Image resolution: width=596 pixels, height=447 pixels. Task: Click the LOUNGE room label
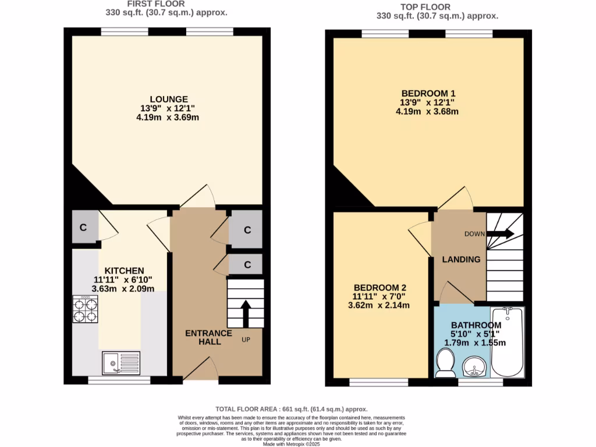168,99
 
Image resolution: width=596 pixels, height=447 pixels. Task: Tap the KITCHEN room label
124,271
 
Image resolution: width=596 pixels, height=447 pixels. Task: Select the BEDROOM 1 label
428,93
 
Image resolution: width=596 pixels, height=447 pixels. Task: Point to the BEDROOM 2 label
379,288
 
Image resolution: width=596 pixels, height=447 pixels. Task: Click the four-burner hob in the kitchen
85,309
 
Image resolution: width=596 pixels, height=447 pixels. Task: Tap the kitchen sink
120,362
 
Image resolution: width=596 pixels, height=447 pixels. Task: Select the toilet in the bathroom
446,364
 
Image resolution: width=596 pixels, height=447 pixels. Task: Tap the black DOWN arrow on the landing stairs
500,234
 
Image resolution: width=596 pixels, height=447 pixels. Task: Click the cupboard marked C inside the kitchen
84,228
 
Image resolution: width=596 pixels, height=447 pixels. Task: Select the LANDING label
460,260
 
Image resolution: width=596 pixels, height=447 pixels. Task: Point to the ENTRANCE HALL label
208,337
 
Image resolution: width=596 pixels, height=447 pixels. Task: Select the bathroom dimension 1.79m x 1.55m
475,343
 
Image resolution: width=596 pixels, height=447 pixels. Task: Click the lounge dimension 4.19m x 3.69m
168,117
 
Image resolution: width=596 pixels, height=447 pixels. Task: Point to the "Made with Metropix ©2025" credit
292,444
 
